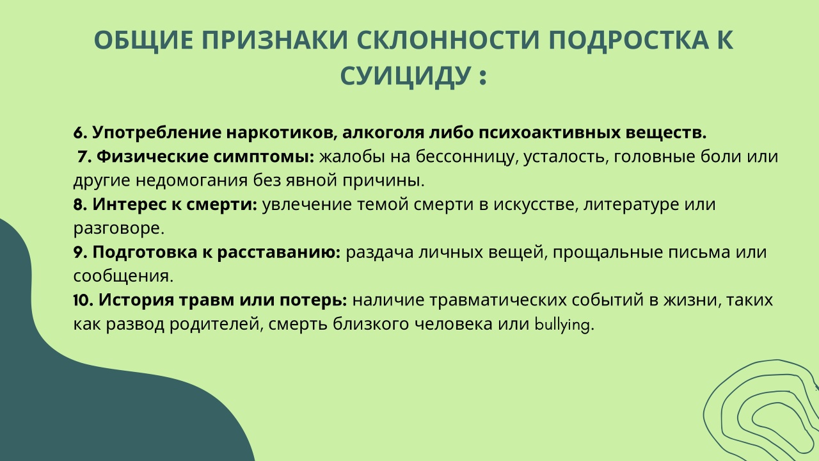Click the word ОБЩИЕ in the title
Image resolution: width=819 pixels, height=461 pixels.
(143, 40)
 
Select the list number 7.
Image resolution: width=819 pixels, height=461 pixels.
(84, 157)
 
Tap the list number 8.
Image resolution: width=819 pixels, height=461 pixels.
(80, 204)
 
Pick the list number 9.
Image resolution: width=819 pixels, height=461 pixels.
(80, 252)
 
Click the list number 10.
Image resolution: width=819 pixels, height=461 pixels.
(84, 300)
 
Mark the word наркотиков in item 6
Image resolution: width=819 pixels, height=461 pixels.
(282, 133)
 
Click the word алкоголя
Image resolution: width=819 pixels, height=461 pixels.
(383, 133)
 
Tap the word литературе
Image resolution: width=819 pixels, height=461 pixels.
(631, 205)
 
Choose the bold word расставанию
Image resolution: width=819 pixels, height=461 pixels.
(279, 252)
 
